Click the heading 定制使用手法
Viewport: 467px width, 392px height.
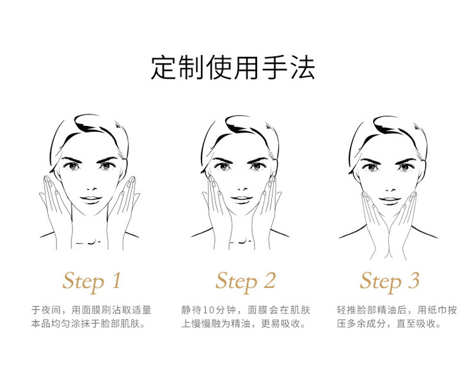coord(233,68)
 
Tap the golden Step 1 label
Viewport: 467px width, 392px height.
coord(91,281)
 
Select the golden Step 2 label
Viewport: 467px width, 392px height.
coord(246,281)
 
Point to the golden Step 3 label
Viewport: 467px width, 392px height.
coord(390,281)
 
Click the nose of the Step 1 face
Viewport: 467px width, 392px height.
coord(92,189)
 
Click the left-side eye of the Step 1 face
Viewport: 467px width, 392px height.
coord(73,166)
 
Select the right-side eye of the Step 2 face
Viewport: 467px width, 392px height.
coord(257,166)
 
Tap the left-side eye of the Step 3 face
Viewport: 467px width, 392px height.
coord(372,167)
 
